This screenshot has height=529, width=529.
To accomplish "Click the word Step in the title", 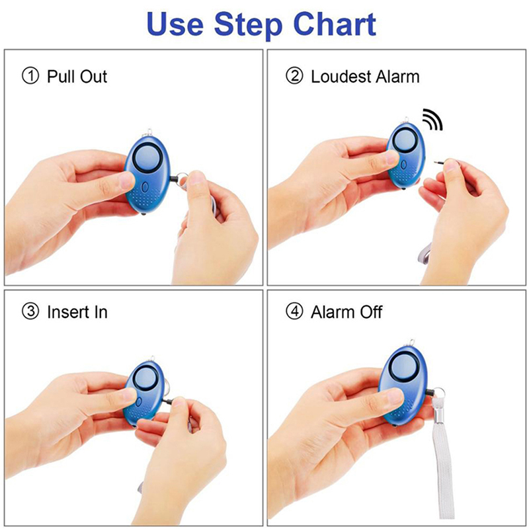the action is (x=249, y=25).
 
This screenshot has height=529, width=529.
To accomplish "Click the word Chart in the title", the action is (x=335, y=24).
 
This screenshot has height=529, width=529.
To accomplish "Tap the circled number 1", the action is (x=30, y=75).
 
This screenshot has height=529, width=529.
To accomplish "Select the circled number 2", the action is (x=294, y=75).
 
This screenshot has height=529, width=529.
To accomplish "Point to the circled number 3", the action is (x=30, y=311).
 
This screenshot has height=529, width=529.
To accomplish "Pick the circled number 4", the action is (x=294, y=311).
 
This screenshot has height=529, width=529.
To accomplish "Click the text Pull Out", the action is (x=77, y=76).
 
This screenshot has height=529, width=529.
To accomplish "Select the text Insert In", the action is (x=77, y=311).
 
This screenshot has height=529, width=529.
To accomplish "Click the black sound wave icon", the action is (x=433, y=120).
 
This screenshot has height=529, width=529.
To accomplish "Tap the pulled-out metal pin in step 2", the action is (x=440, y=163).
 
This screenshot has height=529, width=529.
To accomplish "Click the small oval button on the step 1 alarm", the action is (x=145, y=187).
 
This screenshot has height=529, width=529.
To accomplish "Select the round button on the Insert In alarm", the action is (x=144, y=378).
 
